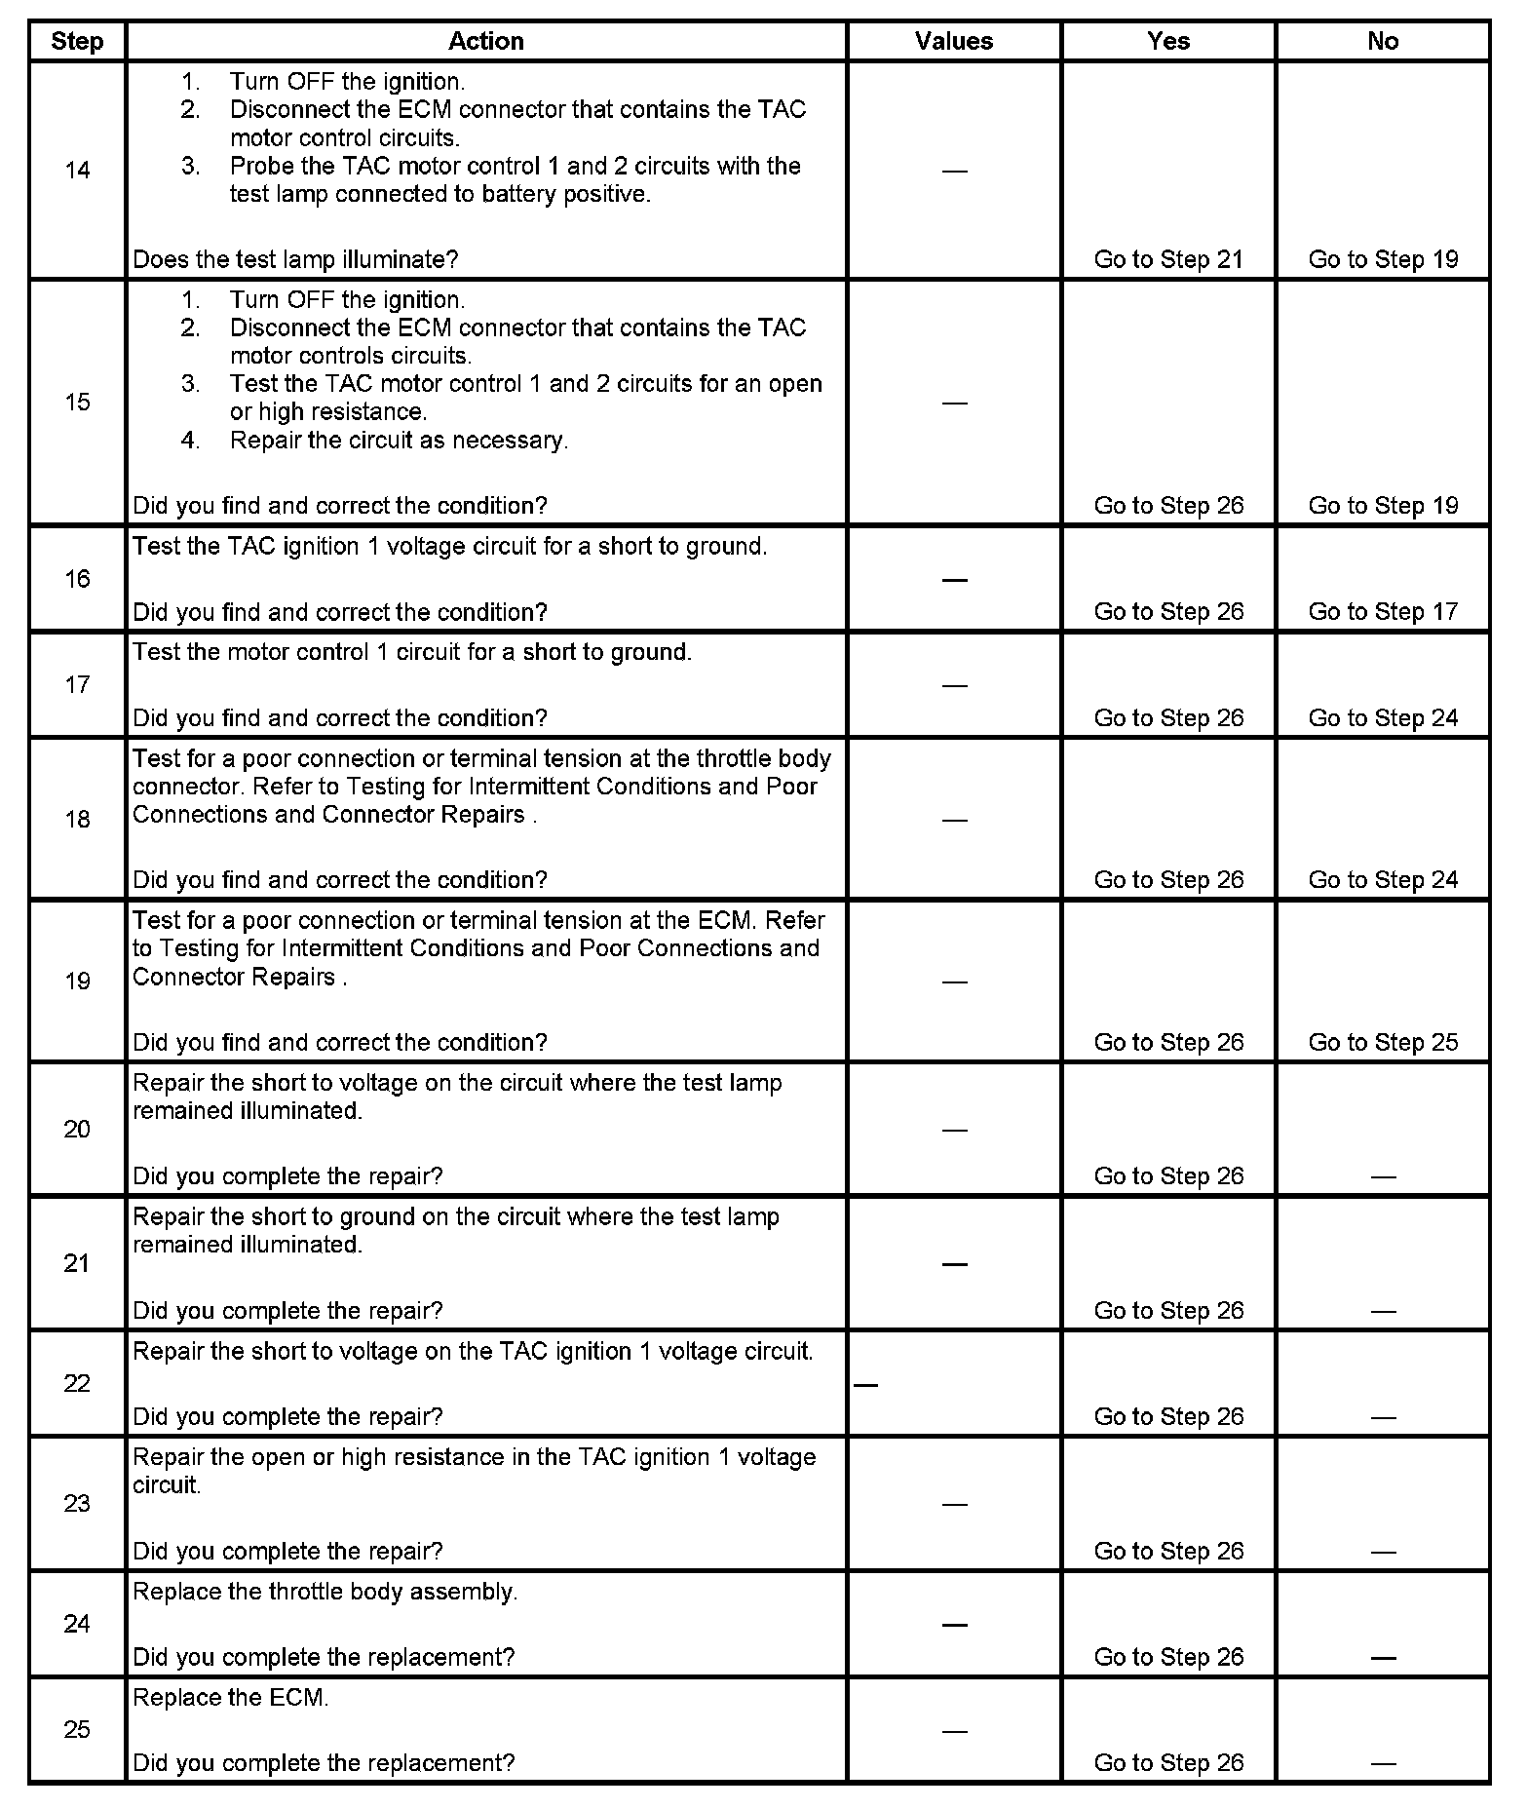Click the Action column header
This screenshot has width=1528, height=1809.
[485, 41]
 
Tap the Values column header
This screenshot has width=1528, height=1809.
[954, 41]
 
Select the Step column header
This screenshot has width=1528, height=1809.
[77, 41]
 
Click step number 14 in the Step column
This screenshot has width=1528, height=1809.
[77, 171]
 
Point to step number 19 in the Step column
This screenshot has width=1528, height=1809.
[77, 981]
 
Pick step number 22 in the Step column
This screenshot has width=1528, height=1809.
[77, 1383]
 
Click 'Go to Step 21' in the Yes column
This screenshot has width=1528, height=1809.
[1168, 259]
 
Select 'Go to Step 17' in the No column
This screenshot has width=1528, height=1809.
[1383, 611]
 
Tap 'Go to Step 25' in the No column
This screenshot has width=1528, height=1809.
[1383, 1042]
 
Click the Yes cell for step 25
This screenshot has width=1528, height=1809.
[1168, 1762]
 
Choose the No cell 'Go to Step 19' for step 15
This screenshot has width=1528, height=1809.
[1383, 505]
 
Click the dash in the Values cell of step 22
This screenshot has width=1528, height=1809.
[865, 1384]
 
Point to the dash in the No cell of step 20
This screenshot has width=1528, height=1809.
[1383, 1177]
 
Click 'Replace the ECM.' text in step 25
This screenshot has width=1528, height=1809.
[231, 1697]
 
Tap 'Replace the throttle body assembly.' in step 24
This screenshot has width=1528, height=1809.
[325, 1592]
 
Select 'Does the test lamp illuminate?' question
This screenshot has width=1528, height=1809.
[295, 259]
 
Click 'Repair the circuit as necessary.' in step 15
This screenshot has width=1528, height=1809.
[399, 440]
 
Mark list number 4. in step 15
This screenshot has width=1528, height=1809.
[191, 440]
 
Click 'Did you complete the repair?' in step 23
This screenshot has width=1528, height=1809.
[287, 1551]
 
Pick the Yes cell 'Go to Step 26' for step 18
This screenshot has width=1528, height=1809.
[1168, 879]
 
